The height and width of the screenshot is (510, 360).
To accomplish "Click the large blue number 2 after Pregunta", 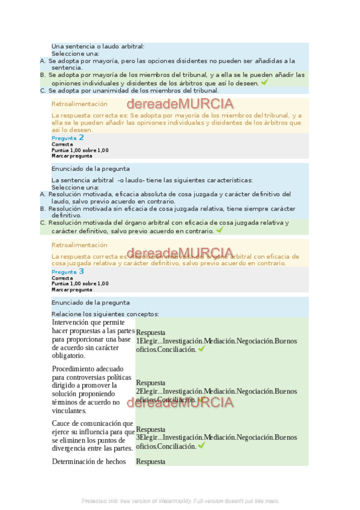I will pyautogui.click(x=81, y=138).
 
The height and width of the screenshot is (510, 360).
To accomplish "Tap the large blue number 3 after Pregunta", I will pyautogui.click(x=81, y=271).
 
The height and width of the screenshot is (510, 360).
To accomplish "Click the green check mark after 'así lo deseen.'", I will pyautogui.click(x=264, y=82).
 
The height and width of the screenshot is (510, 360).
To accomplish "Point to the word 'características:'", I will pyautogui.click(x=223, y=180).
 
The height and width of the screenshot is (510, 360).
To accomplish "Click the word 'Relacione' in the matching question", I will pyautogui.click(x=66, y=314).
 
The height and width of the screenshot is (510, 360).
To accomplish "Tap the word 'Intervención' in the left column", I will pyautogui.click(x=72, y=323).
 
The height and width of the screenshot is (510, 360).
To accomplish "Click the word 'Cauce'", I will pyautogui.click(x=62, y=423).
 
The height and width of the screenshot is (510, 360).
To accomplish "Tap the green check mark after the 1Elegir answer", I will pyautogui.click(x=201, y=349).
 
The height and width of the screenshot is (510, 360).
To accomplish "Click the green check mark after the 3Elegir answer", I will pyautogui.click(x=201, y=446).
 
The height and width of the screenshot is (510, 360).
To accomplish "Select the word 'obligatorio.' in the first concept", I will pyautogui.click(x=69, y=355).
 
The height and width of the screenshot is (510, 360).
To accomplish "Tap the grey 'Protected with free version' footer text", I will pyautogui.click(x=180, y=500).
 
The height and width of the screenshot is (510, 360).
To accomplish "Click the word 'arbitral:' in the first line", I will pyautogui.click(x=128, y=46).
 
